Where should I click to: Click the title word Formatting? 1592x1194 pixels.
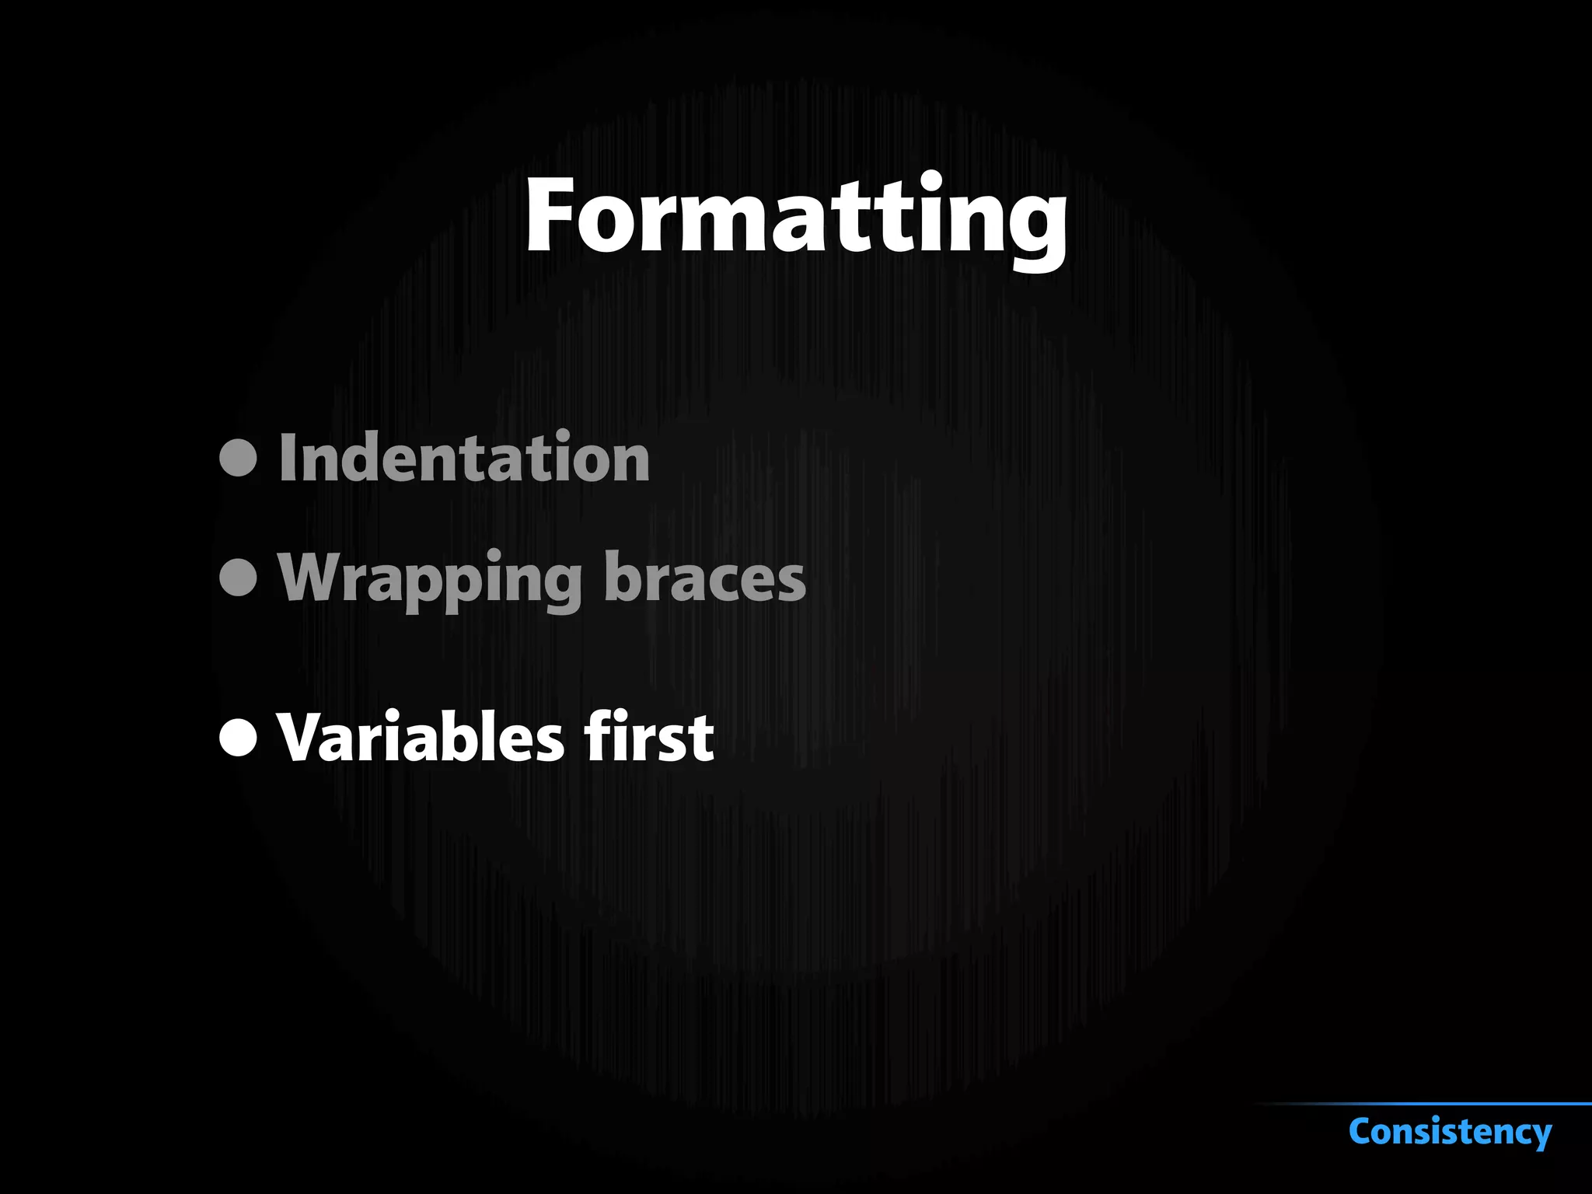pyautogui.click(x=796, y=215)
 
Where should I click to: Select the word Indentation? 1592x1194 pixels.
pyautogui.click(x=464, y=458)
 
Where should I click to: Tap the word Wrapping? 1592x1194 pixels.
pyautogui.click(x=430, y=578)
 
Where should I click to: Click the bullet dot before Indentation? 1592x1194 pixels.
pyautogui.click(x=238, y=458)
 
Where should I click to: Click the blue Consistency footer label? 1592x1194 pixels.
pyautogui.click(x=1451, y=1131)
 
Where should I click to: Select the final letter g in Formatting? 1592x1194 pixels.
pyautogui.click(x=1035, y=225)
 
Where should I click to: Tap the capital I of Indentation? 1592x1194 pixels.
pyautogui.click(x=286, y=458)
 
